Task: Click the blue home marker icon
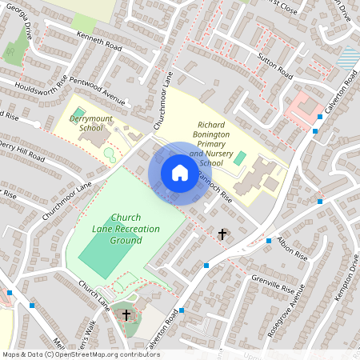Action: click(179, 173)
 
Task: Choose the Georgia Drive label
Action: click(18, 31)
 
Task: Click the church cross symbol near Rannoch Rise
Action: click(222, 234)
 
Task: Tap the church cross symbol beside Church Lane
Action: click(126, 314)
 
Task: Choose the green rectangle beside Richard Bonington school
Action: click(239, 158)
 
